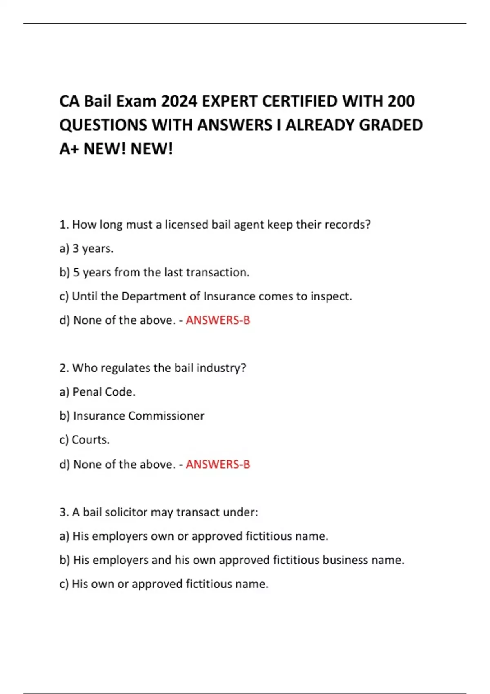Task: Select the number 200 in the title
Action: (401, 101)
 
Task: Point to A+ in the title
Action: (69, 149)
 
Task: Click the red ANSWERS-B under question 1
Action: (218, 320)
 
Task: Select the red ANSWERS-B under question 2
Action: (218, 464)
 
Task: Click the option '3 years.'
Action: (93, 249)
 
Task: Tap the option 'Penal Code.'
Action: (104, 392)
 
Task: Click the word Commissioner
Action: (166, 416)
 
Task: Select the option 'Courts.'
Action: (91, 440)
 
